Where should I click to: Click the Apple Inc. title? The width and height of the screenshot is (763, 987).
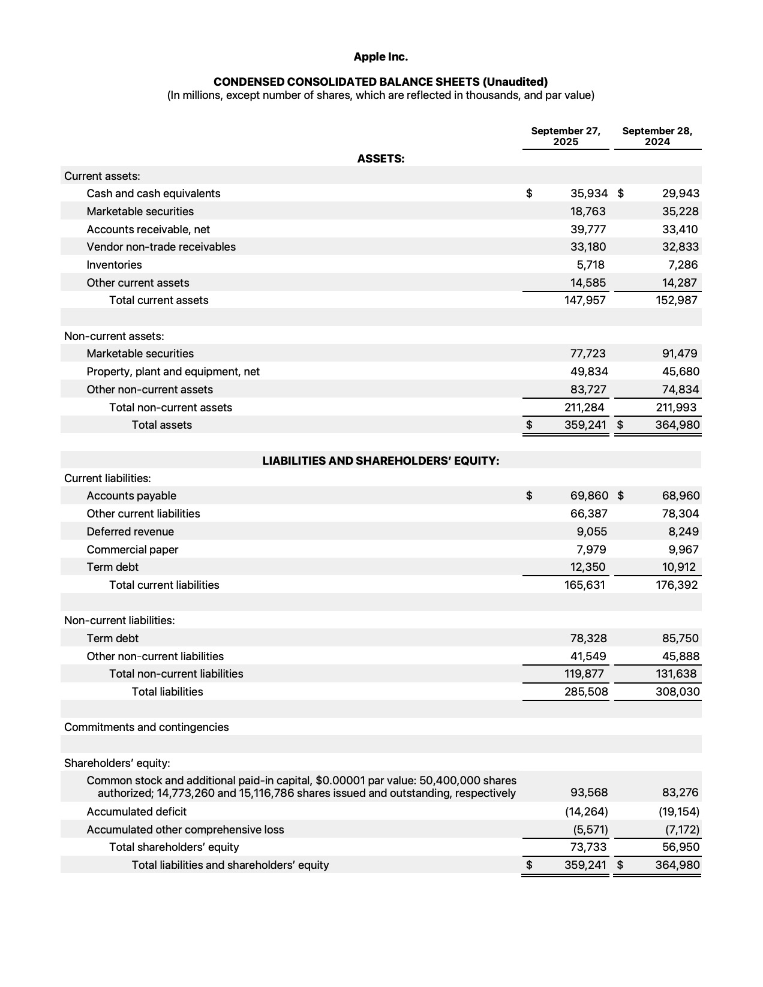(380, 57)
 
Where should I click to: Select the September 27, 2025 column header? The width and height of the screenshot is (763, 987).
(566, 136)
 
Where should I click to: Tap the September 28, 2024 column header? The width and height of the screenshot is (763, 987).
(657, 136)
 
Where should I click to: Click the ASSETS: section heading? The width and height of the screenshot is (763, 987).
(380, 159)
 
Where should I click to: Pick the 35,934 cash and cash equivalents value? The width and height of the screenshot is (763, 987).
(588, 194)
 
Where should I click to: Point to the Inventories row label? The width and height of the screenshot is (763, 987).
(114, 265)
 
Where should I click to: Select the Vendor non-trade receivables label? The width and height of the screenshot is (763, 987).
(161, 247)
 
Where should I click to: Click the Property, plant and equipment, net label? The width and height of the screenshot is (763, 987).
(173, 372)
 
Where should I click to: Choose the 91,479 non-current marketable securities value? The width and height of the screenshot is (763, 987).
(680, 354)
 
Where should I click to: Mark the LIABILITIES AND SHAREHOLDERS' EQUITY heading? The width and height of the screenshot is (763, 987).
(380, 461)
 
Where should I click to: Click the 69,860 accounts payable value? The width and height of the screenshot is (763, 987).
(588, 496)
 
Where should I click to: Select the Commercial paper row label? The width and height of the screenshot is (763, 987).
(132, 550)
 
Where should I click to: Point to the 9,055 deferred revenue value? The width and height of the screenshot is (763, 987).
(591, 532)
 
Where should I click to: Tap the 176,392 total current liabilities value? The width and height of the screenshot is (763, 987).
(677, 585)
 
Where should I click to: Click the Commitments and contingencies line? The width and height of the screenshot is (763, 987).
(146, 727)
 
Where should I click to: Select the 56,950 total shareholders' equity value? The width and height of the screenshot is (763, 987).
(680, 847)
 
